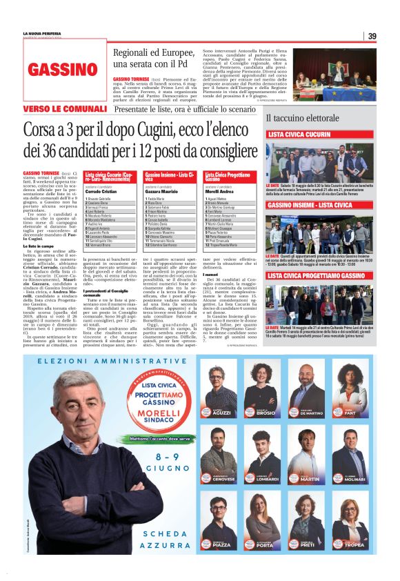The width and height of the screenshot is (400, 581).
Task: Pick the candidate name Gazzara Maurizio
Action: pos(161,190)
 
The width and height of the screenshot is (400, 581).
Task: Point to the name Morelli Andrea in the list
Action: pos(220,190)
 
